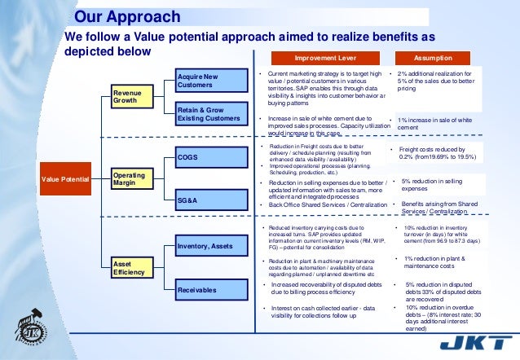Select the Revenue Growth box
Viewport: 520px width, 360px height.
130,97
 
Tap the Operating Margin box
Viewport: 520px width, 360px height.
130,178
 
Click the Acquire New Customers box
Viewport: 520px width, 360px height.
211,81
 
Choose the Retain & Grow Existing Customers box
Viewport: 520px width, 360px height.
211,114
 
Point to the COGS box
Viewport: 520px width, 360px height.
211,156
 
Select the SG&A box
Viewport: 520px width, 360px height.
211,198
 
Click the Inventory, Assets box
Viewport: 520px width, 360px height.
211,245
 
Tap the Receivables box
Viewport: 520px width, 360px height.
211,289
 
